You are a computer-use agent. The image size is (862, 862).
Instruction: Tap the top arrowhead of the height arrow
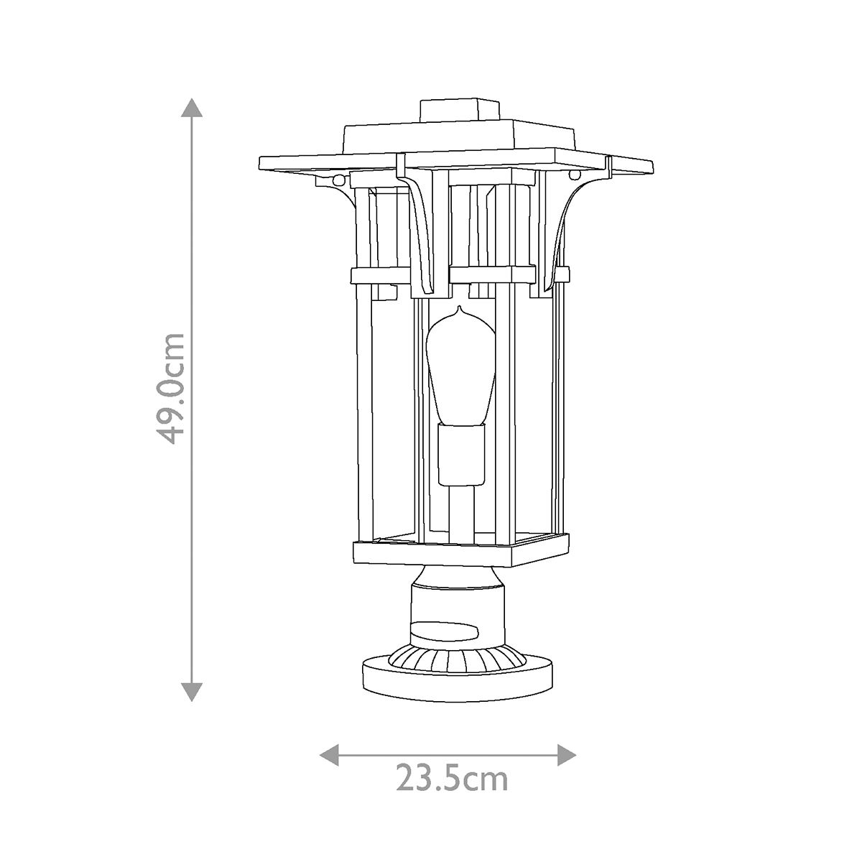191,106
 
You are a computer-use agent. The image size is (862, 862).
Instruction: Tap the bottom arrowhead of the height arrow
191,691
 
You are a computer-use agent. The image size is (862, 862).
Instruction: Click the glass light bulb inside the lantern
460,366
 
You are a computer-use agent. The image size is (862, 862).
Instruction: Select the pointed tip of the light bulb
460,311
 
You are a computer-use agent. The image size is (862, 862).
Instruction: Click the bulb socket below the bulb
460,454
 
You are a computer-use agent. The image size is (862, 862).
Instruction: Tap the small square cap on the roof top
460,110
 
